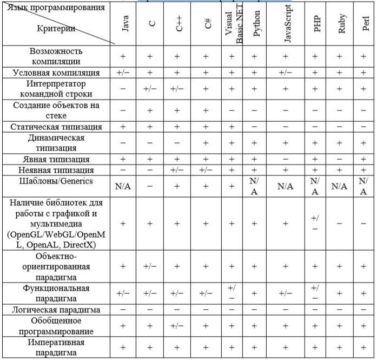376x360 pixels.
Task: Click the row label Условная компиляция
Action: tap(56, 73)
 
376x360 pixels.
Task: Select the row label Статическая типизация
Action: tap(56, 127)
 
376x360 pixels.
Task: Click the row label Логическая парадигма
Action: tap(56, 309)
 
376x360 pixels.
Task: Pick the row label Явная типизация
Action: tap(56, 160)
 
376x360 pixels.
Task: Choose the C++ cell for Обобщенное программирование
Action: tap(179, 326)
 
